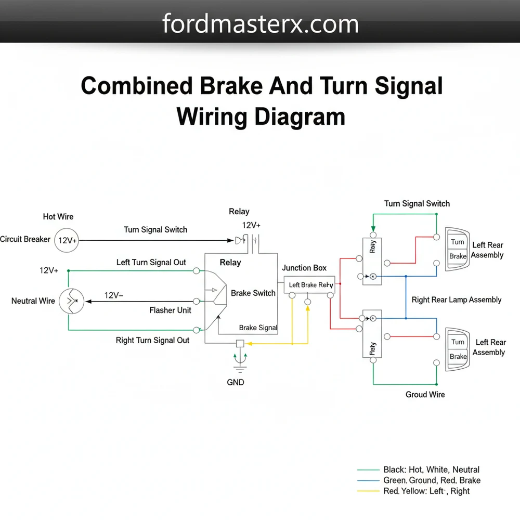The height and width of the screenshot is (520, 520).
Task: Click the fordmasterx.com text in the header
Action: [x=260, y=24]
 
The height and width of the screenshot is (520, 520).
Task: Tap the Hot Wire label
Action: [x=58, y=216]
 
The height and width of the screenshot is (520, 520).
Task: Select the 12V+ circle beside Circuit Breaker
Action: [x=67, y=240]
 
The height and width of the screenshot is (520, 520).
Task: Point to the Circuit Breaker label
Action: [x=25, y=239]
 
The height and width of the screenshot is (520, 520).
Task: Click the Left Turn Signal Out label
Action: [x=151, y=262]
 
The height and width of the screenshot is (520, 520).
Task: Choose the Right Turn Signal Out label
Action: [x=152, y=340]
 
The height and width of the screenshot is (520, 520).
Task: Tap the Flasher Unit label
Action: [x=170, y=310]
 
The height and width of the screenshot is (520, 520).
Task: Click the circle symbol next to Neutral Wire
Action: [x=71, y=301]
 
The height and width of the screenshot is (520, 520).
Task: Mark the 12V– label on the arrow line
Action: [x=114, y=295]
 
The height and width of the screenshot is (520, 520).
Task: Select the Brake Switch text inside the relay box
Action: [x=253, y=293]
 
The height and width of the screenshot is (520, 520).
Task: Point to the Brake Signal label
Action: [x=258, y=328]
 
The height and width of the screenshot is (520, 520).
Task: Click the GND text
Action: [x=235, y=382]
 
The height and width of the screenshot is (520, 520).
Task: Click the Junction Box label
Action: [x=304, y=268]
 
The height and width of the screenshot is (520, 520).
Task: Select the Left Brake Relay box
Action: [x=310, y=284]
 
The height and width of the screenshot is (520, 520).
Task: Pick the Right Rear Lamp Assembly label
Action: [x=456, y=300]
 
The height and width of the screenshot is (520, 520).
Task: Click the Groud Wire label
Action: [x=425, y=395]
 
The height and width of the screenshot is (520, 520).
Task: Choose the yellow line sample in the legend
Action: [x=368, y=491]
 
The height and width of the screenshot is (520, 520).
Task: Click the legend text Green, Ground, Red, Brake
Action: [x=432, y=480]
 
